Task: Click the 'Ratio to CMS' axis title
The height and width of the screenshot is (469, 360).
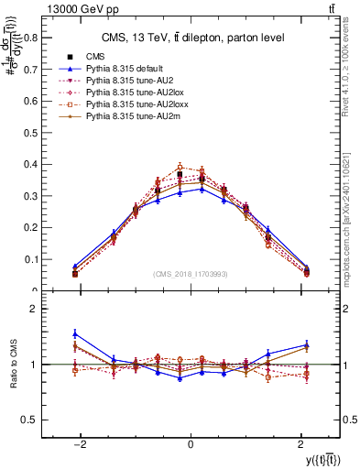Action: [x=16, y=364]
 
